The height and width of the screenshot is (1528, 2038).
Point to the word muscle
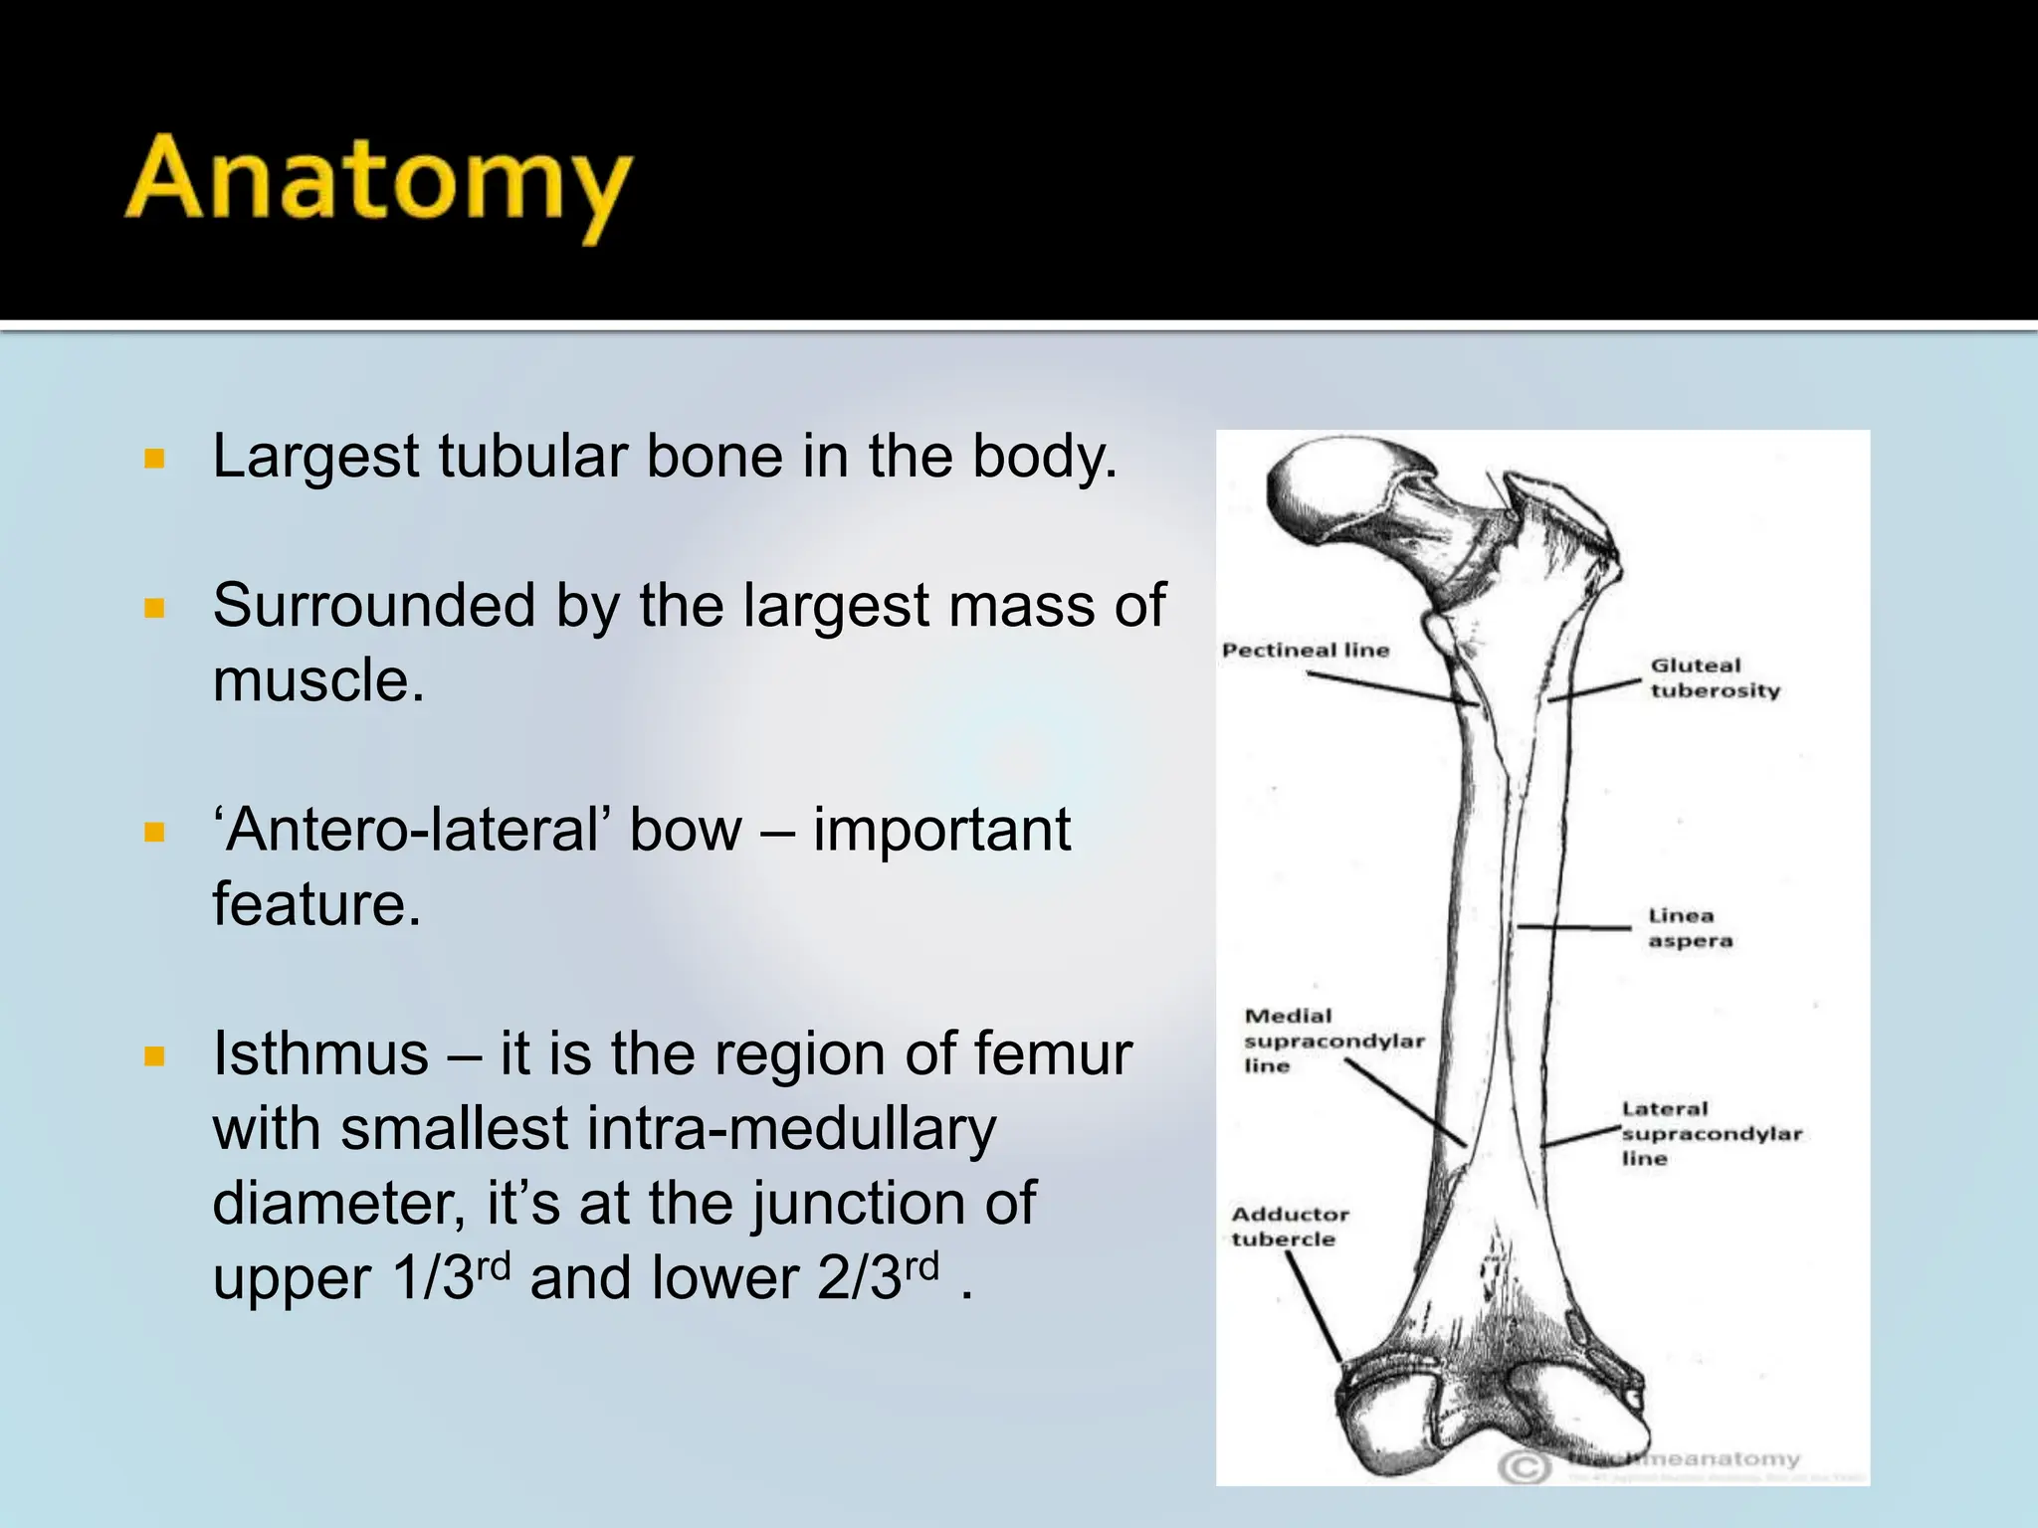[x=318, y=681]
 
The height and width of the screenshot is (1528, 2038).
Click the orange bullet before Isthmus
[x=154, y=1055]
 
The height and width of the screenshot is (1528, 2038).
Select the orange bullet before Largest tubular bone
[x=154, y=459]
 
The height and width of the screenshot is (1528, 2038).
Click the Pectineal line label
[x=1306, y=651]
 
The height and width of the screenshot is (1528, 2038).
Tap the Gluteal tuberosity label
[x=1714, y=678]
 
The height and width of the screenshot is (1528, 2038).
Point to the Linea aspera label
[x=1690, y=928]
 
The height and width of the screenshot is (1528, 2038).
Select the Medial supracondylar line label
[x=1331, y=1041]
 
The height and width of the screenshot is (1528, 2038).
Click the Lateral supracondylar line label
[x=1710, y=1134]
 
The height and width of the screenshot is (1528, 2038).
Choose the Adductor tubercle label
[x=1289, y=1227]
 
